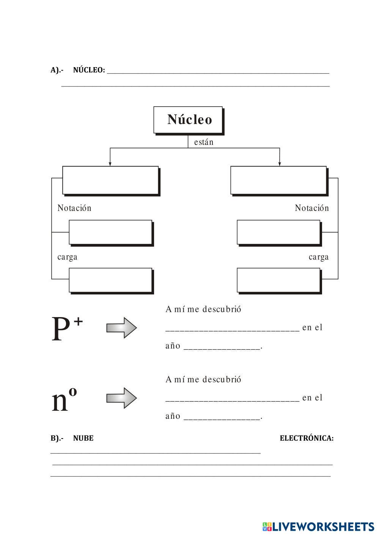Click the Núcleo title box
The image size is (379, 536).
[x=188, y=119]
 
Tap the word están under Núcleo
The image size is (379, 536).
[x=204, y=142]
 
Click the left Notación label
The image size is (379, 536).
[x=74, y=208]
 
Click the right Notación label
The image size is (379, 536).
[x=312, y=208]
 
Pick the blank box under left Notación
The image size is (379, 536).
[x=110, y=232]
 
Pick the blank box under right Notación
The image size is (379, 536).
[x=278, y=232]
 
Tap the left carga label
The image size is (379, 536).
[x=68, y=257]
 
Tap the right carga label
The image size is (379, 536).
[x=319, y=257]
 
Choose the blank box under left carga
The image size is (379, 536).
[x=110, y=280]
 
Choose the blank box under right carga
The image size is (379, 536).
[x=278, y=280]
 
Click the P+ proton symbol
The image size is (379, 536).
[x=67, y=329]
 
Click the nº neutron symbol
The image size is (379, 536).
[x=64, y=399]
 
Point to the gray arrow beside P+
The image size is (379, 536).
[x=121, y=327]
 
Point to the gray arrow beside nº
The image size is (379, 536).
[x=121, y=398]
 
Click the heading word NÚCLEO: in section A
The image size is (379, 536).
[x=89, y=70]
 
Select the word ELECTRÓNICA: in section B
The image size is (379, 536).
[x=307, y=438]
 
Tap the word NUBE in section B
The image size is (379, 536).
[x=83, y=438]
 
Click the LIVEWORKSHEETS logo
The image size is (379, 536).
[x=318, y=527]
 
